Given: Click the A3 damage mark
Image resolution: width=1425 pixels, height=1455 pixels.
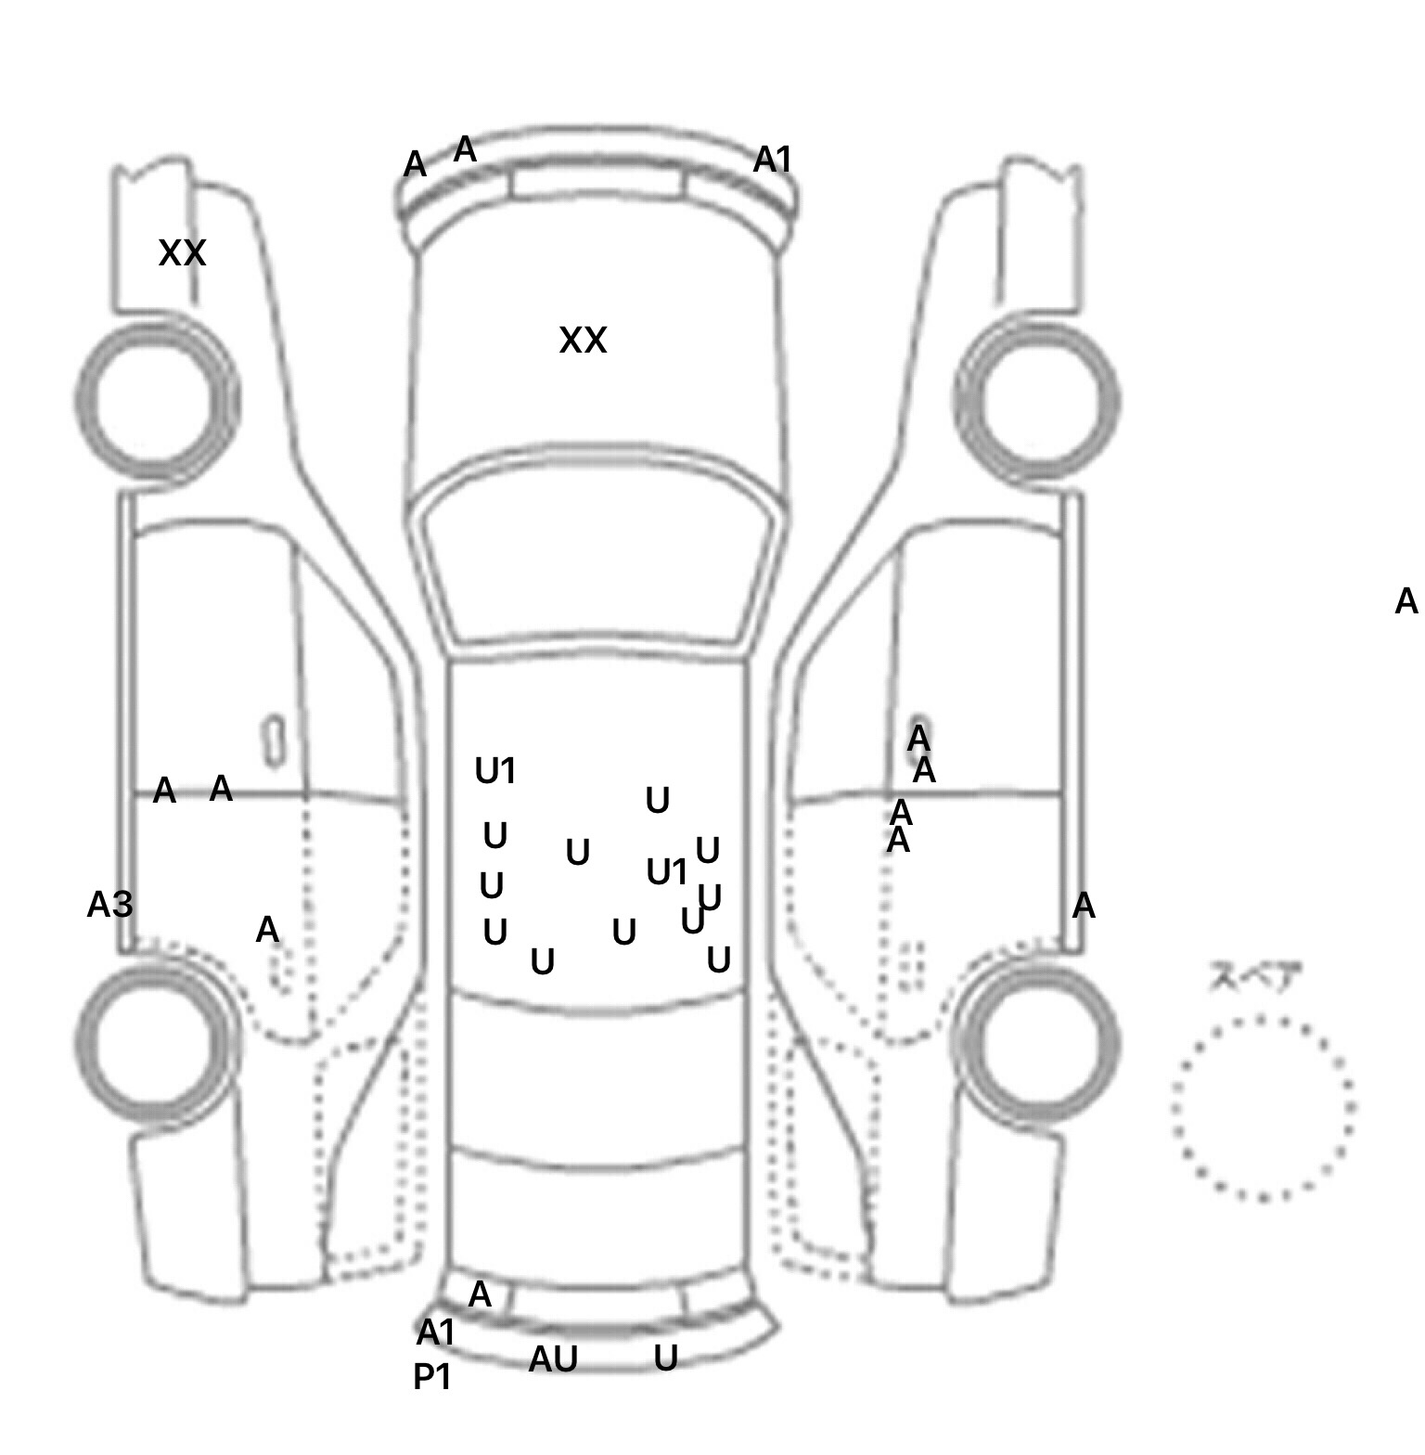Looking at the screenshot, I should (109, 905).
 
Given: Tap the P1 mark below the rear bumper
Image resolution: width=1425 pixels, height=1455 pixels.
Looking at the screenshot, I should (432, 1378).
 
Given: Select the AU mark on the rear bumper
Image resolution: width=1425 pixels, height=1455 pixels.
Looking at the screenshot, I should (553, 1359).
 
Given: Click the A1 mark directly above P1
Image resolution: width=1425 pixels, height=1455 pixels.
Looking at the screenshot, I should (435, 1333).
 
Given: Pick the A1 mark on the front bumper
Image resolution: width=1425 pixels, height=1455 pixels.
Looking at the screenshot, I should (772, 161).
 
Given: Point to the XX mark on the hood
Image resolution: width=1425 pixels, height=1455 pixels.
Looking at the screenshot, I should (583, 341).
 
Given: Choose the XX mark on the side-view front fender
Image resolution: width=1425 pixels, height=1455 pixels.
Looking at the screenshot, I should (182, 252).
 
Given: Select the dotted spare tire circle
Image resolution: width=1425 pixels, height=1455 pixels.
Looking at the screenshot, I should (1262, 1107).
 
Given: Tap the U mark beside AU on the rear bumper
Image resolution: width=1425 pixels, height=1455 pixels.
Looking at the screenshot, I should (665, 1358).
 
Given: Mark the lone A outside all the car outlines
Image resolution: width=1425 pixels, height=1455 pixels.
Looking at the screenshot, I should (1406, 602).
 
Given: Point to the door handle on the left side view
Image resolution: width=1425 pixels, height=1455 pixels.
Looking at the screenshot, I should (274, 740).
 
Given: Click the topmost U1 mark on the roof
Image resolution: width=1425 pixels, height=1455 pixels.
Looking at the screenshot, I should (494, 771).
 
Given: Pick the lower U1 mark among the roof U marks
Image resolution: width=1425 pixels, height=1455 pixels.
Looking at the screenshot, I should (666, 872).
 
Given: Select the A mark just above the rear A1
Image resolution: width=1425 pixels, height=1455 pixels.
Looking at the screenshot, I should (480, 1294).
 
